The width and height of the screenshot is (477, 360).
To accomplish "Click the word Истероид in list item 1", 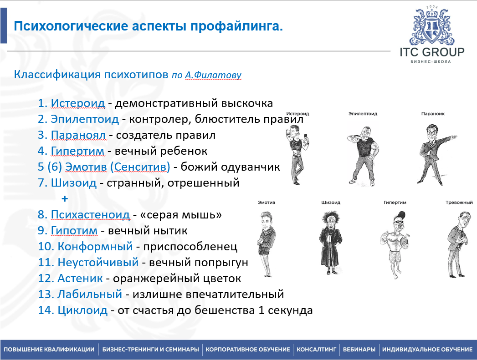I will coord(78,103).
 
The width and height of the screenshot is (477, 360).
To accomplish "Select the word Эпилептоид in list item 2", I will coord(85,119).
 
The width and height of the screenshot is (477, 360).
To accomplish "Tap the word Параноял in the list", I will coord(78,135).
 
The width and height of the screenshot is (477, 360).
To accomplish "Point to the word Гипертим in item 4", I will coord(78,151).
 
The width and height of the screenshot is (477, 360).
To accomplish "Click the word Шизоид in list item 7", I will coord(74,183).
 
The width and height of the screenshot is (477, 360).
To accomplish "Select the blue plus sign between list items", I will coord(65,199).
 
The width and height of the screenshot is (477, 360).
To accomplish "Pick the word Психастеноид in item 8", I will coord(90,215).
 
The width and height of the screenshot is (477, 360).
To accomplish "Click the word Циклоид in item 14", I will coord(82,310).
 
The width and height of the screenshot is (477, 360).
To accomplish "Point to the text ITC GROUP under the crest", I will coord(432,52).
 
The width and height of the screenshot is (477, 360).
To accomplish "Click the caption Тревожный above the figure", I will coord(459,202).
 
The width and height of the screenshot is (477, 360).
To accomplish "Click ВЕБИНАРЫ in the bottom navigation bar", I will coord(359,350).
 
